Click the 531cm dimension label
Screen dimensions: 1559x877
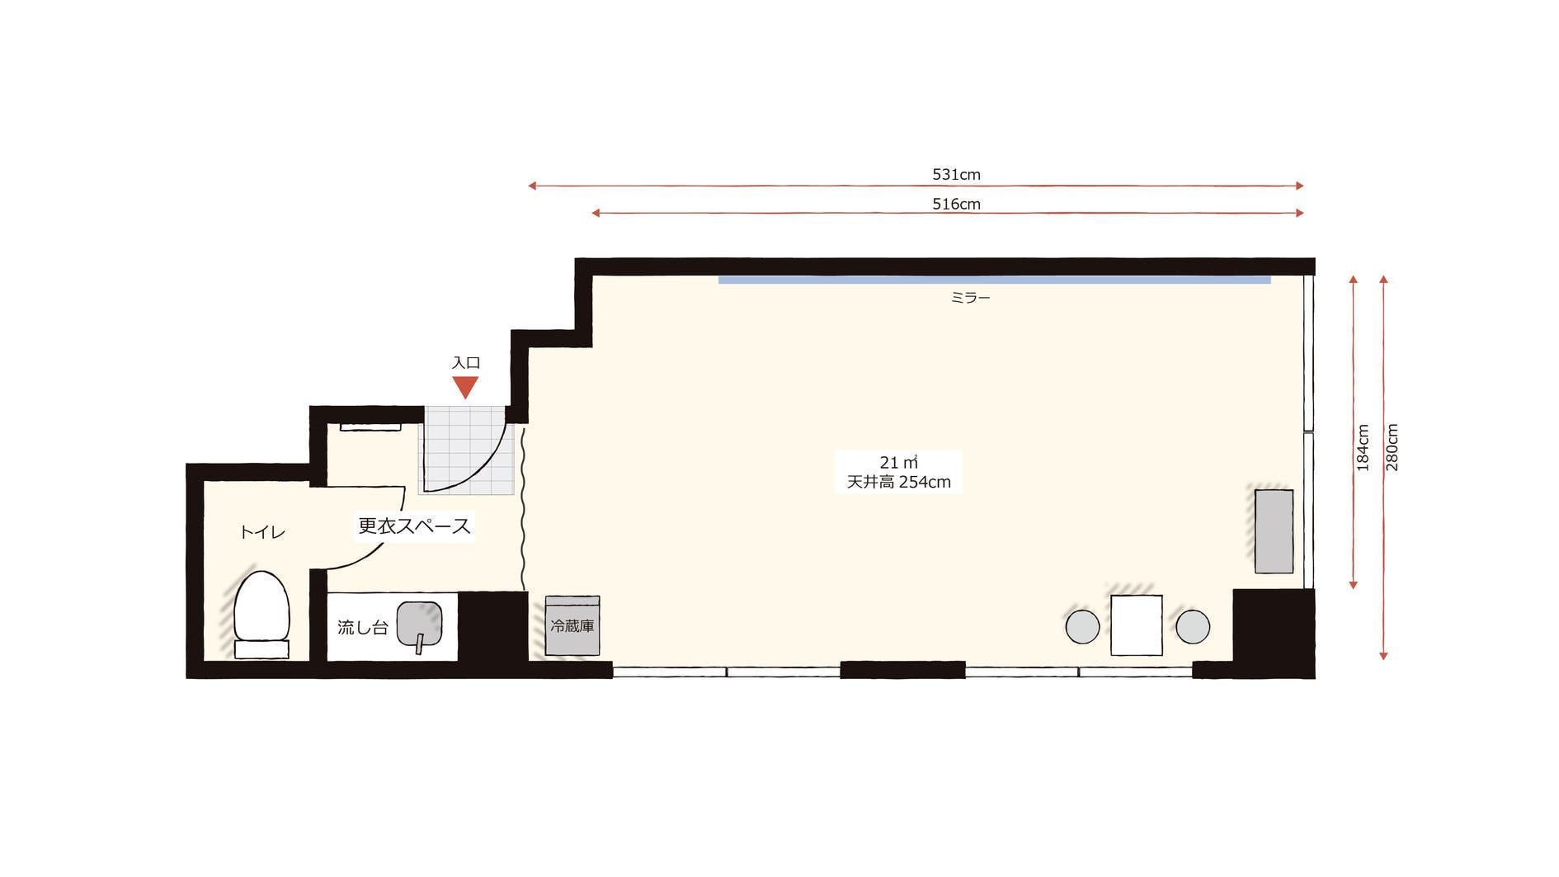(956, 174)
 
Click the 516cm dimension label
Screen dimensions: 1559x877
(956, 204)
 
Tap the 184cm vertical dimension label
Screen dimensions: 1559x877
(1363, 448)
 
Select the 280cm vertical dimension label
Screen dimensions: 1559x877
(1392, 448)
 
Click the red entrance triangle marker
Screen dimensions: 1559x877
(465, 386)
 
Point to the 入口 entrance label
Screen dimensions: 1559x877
(466, 363)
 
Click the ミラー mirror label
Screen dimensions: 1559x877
(970, 298)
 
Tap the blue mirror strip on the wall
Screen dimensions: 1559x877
(994, 280)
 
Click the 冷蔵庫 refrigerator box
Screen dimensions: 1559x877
(572, 625)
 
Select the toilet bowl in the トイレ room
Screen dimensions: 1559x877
(261, 613)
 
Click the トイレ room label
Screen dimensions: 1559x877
(262, 532)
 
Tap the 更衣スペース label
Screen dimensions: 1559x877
(414, 526)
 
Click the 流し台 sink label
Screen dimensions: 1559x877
(362, 627)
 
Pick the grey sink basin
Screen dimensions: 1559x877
(419, 625)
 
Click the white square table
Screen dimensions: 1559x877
(1136, 625)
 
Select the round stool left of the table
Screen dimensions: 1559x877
(1082, 626)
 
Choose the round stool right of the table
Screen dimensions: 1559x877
(1193, 626)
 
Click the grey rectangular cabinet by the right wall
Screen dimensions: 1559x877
(1274, 530)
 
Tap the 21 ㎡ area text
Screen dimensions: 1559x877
(898, 462)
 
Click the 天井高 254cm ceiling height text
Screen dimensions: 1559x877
(898, 482)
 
